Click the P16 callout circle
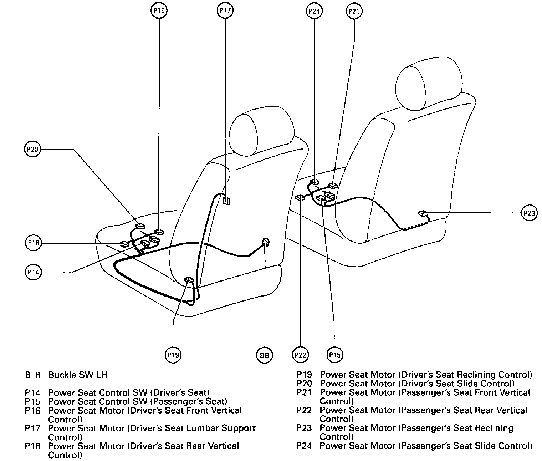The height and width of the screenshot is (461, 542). pyautogui.click(x=159, y=11)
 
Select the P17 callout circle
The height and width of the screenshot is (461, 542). pyautogui.click(x=225, y=11)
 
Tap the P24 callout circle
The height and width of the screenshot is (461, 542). pyautogui.click(x=314, y=11)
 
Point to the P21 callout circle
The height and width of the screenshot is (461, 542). pyautogui.click(x=354, y=11)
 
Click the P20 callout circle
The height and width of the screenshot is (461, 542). pyautogui.click(x=33, y=149)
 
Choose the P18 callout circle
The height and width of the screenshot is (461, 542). pyautogui.click(x=34, y=243)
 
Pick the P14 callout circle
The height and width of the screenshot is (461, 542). pyautogui.click(x=33, y=272)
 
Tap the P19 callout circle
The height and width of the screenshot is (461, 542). pyautogui.click(x=173, y=355)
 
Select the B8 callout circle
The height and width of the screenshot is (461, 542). pyautogui.click(x=264, y=355)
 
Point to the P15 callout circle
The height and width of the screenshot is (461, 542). pyautogui.click(x=334, y=355)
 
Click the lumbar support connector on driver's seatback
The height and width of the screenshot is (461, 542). pyautogui.click(x=226, y=200)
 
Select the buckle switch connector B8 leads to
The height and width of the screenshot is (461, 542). pyautogui.click(x=266, y=243)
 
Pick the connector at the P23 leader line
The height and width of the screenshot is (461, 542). pyautogui.click(x=423, y=214)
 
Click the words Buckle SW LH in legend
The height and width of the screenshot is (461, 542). pyautogui.click(x=78, y=375)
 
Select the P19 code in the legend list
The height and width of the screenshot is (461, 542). pyautogui.click(x=304, y=375)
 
